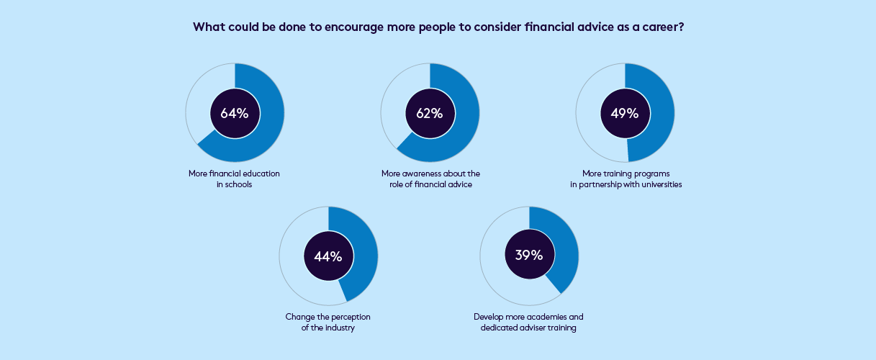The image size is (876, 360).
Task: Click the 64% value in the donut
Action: [x=235, y=113]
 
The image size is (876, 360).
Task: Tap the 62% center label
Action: [x=430, y=113]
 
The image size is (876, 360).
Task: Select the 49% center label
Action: [x=625, y=113]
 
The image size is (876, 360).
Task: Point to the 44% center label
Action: [x=328, y=256]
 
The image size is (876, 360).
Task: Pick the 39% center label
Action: [x=529, y=256]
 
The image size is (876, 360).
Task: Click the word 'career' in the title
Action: [x=657, y=27]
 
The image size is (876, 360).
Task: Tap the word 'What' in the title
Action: [x=209, y=27]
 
